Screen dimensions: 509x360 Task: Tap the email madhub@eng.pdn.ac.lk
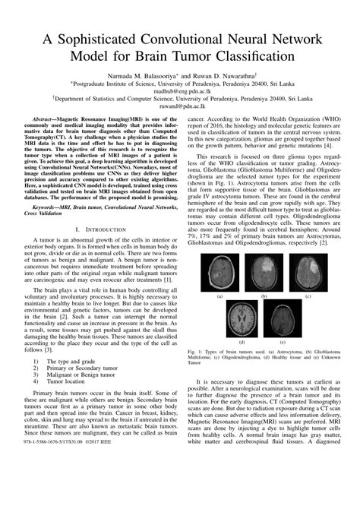[180, 95]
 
